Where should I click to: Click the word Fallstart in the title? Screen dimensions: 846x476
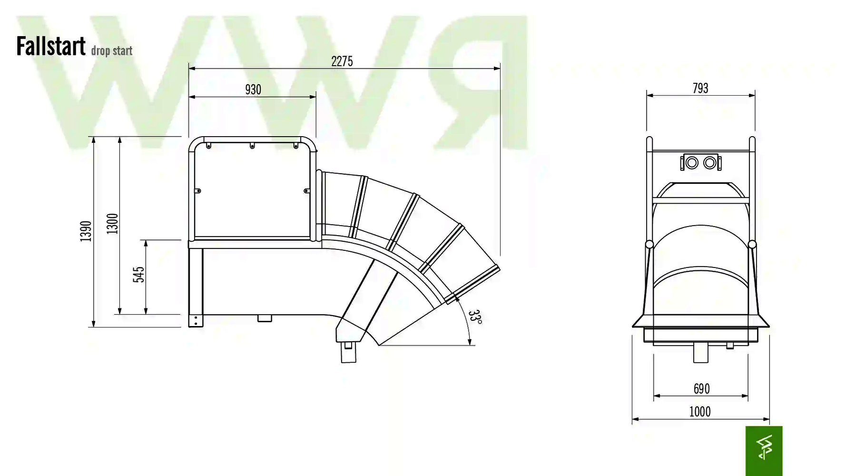(51, 46)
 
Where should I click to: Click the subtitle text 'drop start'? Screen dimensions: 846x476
(112, 50)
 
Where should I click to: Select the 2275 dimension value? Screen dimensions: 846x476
(342, 61)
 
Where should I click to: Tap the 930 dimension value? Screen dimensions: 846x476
(253, 89)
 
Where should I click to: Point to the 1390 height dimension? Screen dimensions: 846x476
(86, 231)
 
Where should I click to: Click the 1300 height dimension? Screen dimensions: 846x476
(112, 224)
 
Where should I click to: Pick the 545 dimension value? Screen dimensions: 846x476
(138, 275)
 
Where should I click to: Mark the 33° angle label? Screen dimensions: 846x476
(475, 317)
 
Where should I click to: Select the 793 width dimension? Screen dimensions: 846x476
(700, 88)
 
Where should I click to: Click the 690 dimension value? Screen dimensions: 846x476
(701, 389)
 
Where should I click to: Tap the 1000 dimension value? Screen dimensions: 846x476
(700, 412)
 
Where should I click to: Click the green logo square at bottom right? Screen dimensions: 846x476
(764, 451)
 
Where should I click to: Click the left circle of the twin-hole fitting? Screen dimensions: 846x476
(692, 163)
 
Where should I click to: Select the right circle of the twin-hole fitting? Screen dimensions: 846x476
(709, 163)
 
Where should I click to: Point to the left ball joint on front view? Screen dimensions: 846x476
(649, 245)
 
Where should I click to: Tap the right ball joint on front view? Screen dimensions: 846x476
(752, 245)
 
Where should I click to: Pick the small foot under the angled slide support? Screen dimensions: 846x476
(349, 352)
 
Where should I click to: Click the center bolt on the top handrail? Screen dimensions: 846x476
(252, 146)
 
